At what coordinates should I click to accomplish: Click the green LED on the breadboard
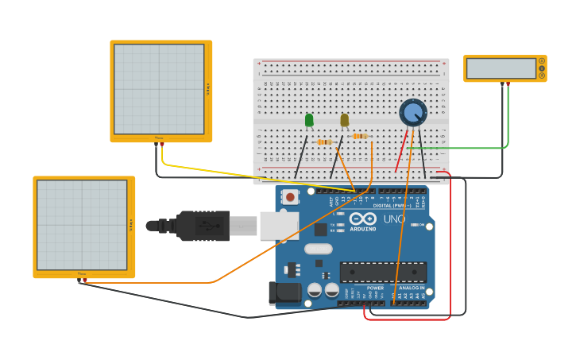[x=309, y=120]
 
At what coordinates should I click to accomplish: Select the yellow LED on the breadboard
[x=344, y=120]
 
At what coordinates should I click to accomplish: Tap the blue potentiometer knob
[x=412, y=113]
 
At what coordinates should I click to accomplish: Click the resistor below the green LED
[x=324, y=142]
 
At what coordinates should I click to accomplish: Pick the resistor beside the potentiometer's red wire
[x=360, y=136]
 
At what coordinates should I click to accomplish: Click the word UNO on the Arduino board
[x=394, y=219]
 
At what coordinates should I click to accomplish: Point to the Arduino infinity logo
[x=362, y=219]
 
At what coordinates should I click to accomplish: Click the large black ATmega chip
[x=383, y=272]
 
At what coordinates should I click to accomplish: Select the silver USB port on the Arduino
[x=279, y=226]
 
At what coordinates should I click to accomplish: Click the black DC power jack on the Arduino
[x=284, y=293]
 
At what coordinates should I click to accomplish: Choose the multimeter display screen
[x=501, y=68]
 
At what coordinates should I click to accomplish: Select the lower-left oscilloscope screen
[x=82, y=225]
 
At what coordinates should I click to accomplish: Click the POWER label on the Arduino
[x=375, y=288]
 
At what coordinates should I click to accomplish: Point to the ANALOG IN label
[x=412, y=288]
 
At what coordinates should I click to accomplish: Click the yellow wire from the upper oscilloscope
[x=238, y=172]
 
